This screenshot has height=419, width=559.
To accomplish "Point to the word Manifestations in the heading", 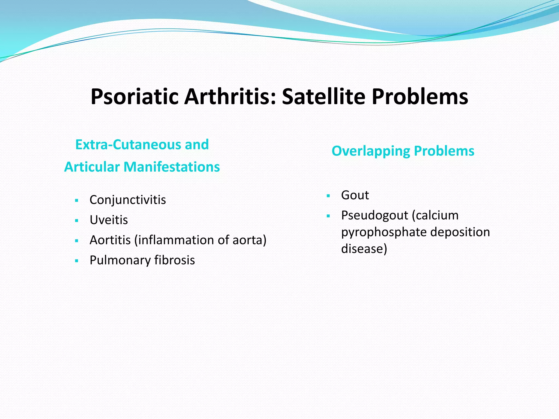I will pyautogui.click(x=172, y=167).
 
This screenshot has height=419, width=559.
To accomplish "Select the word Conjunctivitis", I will pyautogui.click(x=127, y=200).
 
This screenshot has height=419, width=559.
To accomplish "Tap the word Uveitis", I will pyautogui.click(x=109, y=220).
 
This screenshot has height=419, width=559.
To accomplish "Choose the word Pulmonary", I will pyautogui.click(x=120, y=260).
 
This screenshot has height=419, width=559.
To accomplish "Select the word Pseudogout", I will pyautogui.click(x=374, y=216).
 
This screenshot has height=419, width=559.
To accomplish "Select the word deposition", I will pyautogui.click(x=460, y=232).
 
